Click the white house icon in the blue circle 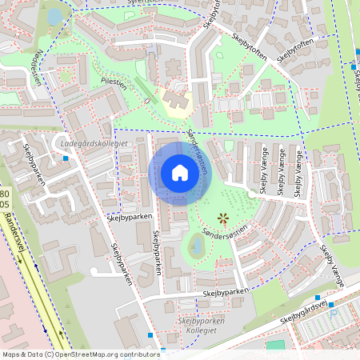tap(179, 173)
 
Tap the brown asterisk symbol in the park tap(223, 218)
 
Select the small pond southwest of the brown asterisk tap(195, 245)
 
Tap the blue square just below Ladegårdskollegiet tap(66, 158)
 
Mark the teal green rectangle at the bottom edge tap(275, 346)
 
